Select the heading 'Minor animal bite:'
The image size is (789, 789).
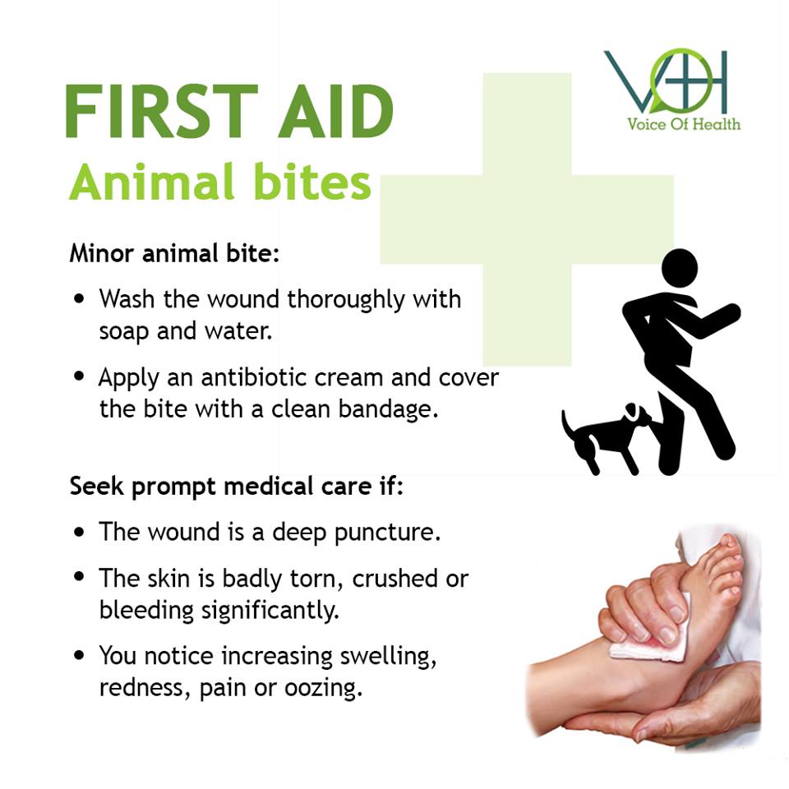click(174, 252)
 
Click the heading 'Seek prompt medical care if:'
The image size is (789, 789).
click(237, 486)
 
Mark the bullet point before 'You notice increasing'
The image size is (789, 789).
click(79, 656)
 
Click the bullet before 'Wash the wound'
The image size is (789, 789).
click(79, 298)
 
